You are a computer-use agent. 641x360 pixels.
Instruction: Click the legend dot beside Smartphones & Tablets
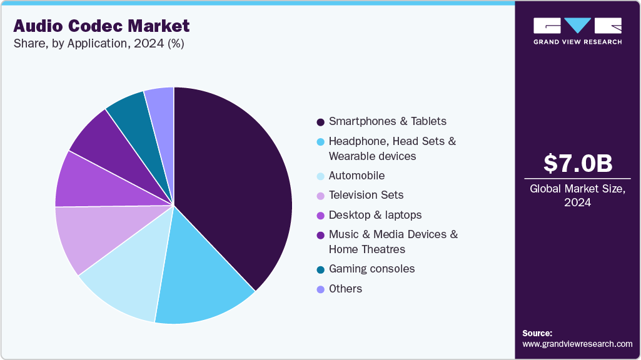[x=320, y=122]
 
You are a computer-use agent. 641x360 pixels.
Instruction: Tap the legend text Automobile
[x=356, y=176]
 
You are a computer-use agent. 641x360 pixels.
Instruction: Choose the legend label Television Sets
[x=366, y=195]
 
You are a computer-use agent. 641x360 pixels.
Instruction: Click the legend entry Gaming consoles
[x=371, y=269]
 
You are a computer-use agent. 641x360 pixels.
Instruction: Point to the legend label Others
[x=345, y=289]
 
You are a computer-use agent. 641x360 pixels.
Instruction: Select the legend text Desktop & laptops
[x=375, y=215]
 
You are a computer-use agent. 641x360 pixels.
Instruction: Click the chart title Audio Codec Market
[x=101, y=26]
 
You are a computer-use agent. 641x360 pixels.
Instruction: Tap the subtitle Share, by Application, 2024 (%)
[x=99, y=44]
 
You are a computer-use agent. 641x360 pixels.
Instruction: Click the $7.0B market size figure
[x=577, y=164]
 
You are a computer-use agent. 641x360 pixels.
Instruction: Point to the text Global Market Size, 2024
[x=577, y=196]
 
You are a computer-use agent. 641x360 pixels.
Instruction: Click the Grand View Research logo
[x=577, y=31]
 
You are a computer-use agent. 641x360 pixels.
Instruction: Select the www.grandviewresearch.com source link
[x=577, y=344]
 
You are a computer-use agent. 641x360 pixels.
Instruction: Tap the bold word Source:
[x=537, y=333]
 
